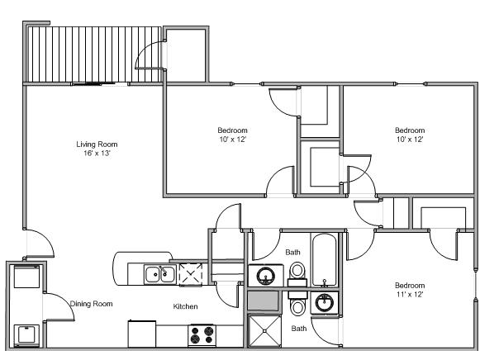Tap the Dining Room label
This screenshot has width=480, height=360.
click(91, 304)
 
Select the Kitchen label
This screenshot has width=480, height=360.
click(185, 307)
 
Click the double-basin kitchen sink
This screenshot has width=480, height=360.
click(159, 273)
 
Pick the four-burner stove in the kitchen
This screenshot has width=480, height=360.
click(201, 334)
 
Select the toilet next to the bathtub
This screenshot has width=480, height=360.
click(297, 271)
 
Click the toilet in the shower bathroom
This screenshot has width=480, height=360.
click(297, 307)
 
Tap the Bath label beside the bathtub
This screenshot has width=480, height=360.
click(292, 252)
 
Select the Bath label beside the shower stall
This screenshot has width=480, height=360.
click(298, 329)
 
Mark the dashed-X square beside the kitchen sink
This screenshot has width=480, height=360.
click(191, 273)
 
